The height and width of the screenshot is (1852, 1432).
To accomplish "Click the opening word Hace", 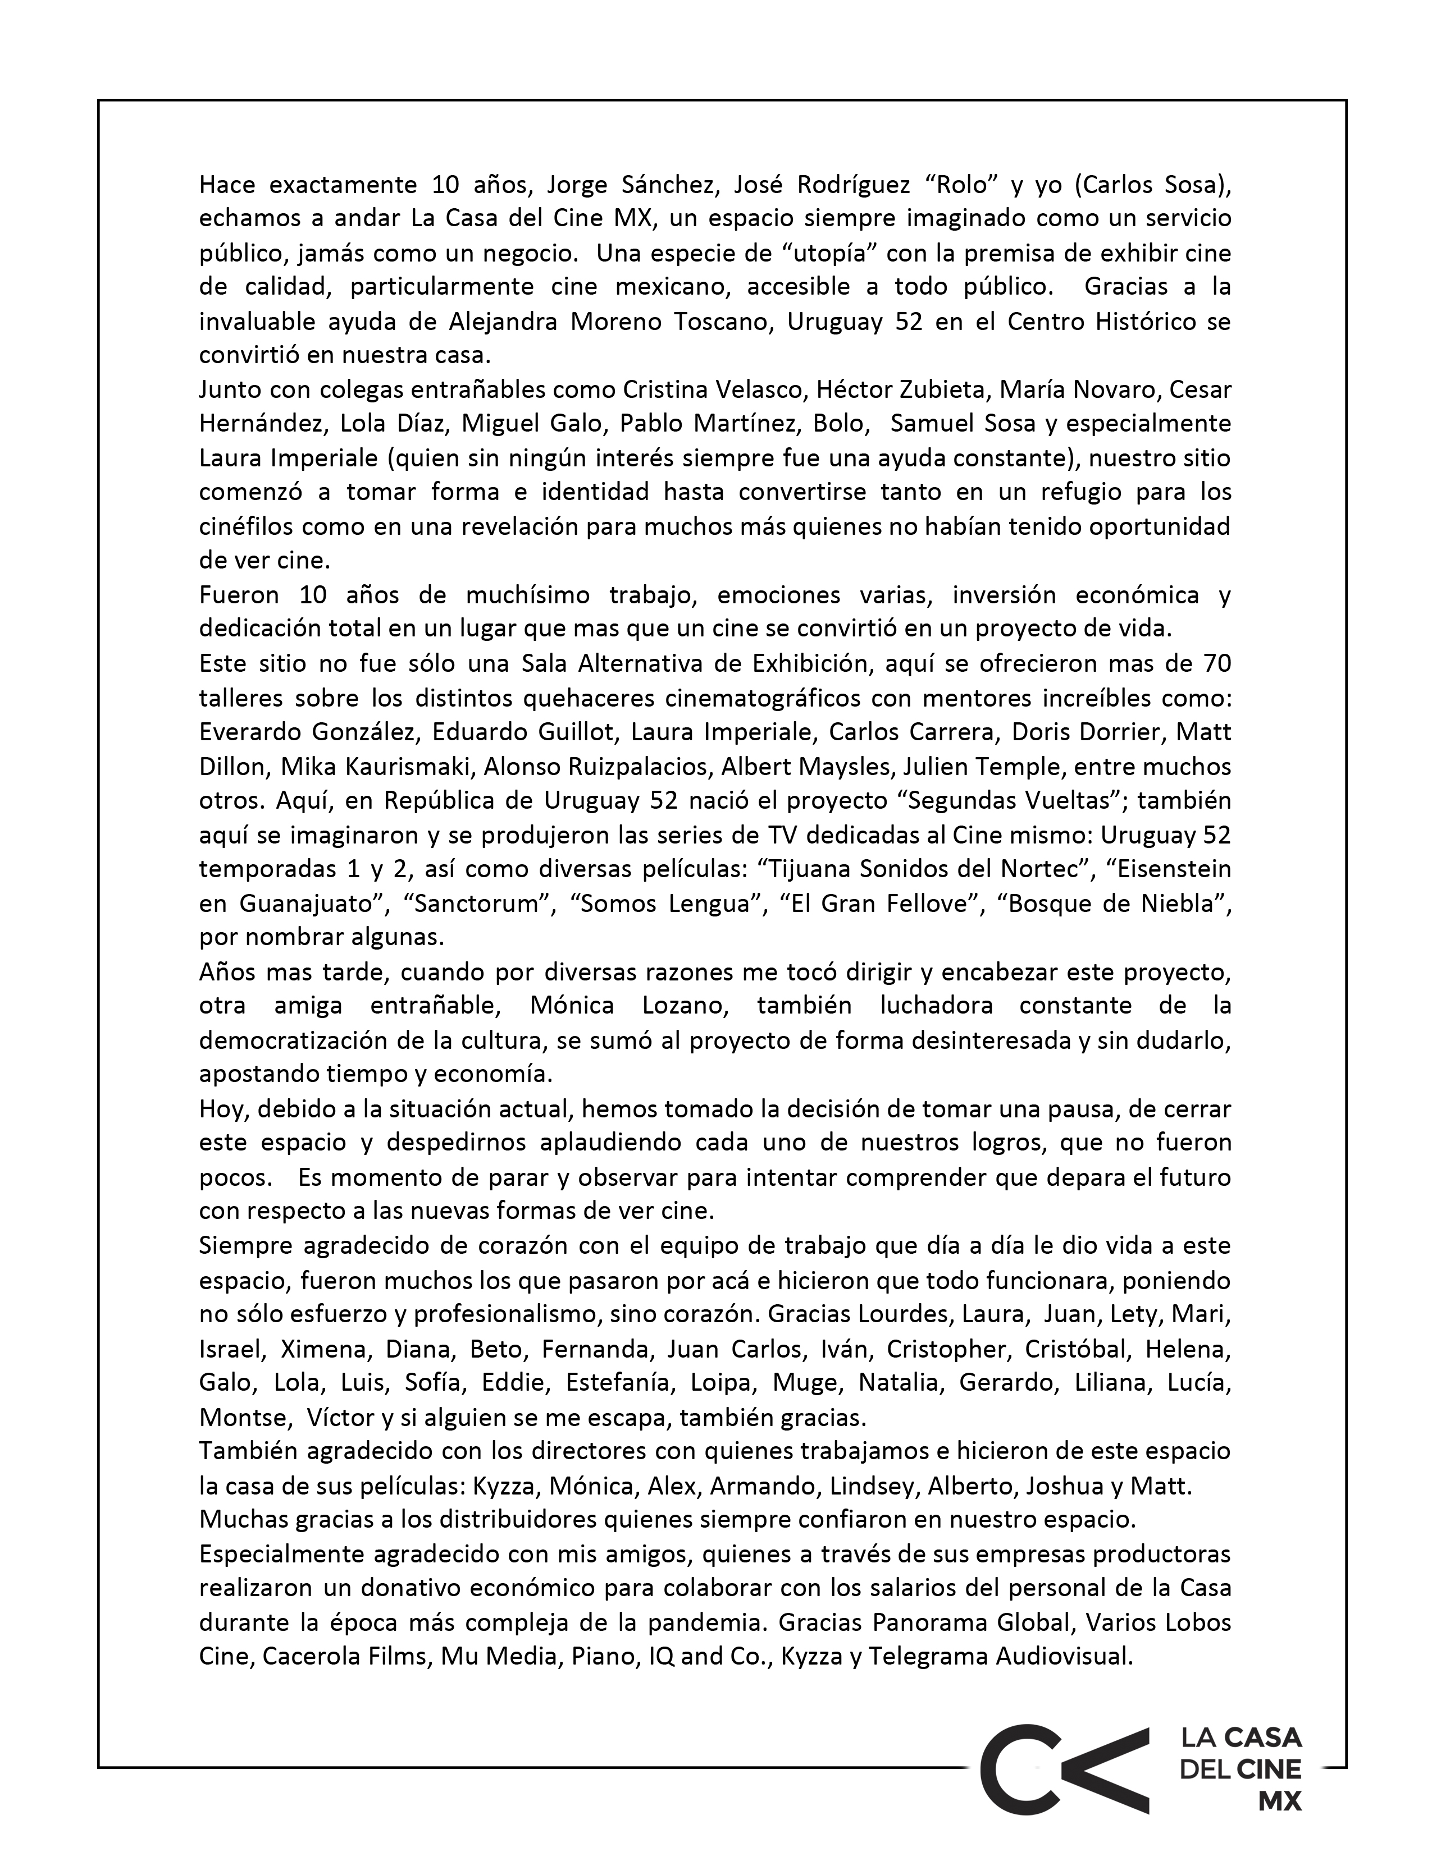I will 224,184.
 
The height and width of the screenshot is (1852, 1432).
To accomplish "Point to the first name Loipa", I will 720,1382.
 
